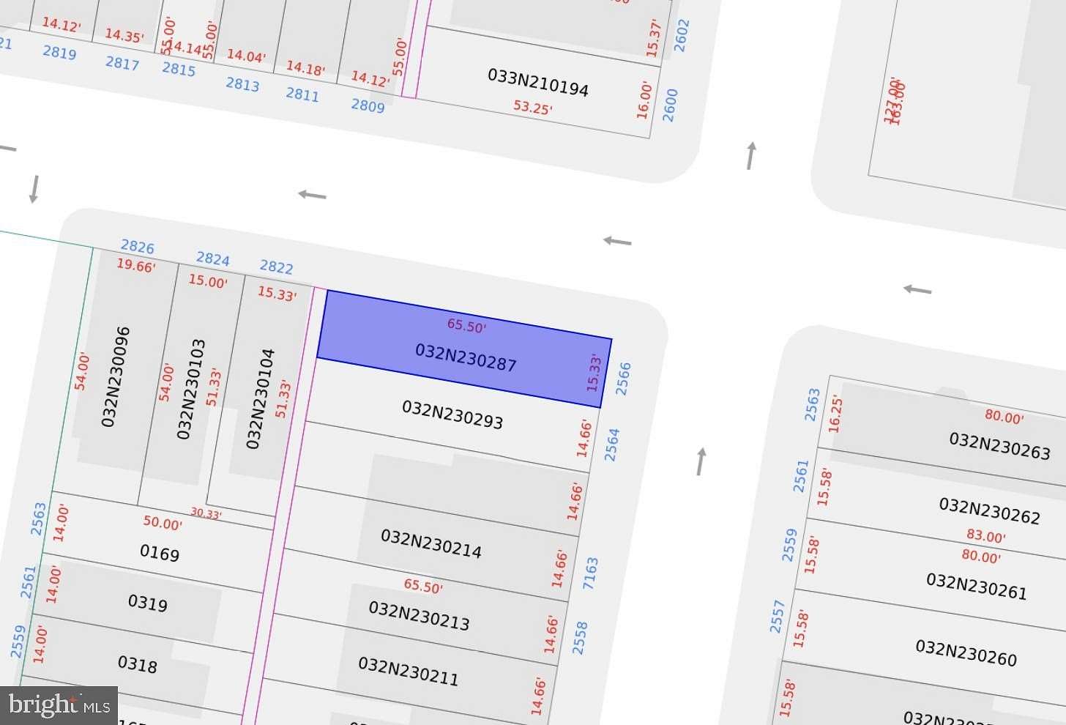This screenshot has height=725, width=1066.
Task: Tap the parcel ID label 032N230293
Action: click(x=452, y=414)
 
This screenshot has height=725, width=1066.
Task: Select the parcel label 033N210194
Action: click(x=537, y=83)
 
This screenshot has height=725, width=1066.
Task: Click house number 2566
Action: click(x=623, y=379)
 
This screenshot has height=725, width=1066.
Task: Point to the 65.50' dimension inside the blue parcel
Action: click(x=466, y=326)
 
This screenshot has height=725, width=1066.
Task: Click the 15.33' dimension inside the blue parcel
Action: click(x=594, y=373)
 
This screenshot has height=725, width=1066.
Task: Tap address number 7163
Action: click(x=590, y=573)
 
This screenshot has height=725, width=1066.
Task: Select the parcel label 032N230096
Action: click(x=116, y=376)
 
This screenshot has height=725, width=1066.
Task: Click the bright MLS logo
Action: click(x=59, y=705)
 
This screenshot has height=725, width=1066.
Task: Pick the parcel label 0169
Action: click(x=159, y=553)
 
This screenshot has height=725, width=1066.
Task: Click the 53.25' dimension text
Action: click(x=532, y=108)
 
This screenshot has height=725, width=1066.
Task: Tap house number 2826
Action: click(x=138, y=247)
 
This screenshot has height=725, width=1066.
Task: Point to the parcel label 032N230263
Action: click(x=999, y=445)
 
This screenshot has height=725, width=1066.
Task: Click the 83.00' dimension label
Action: click(x=985, y=536)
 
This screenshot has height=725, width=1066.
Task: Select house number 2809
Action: click(x=368, y=105)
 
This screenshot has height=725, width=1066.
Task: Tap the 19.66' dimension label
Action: click(x=136, y=266)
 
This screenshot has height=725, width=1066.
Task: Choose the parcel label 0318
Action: click(x=138, y=664)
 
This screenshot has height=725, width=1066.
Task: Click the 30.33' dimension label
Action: click(x=206, y=513)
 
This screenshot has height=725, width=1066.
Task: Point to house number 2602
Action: click(x=682, y=36)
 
